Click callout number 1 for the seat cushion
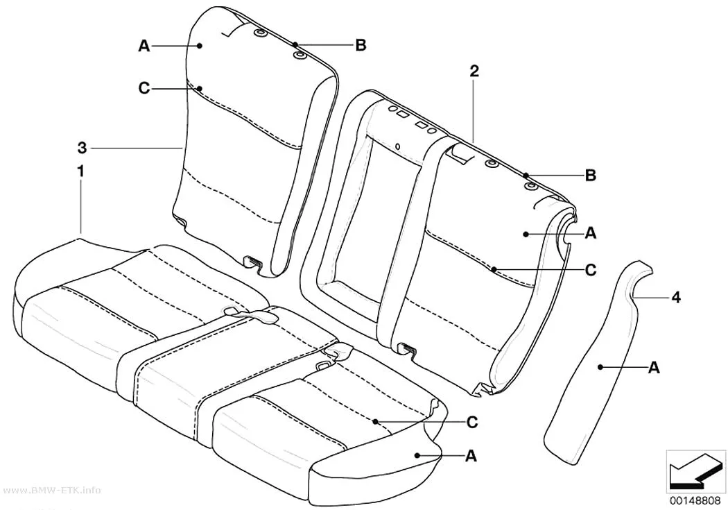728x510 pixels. tap(80, 171)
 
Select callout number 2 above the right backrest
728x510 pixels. tap(474, 71)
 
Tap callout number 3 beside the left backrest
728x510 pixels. tap(83, 148)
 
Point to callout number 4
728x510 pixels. tap(676, 297)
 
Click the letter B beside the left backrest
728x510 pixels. tap(361, 45)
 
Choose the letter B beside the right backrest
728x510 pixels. tap(590, 176)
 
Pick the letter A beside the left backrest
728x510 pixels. tap(144, 46)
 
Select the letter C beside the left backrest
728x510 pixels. tap(144, 88)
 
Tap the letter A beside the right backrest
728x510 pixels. tap(590, 232)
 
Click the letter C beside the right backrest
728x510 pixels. tap(590, 269)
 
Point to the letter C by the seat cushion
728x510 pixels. tap(471, 422)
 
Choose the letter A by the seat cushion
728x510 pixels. tap(471, 456)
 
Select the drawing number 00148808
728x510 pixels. tap(695, 501)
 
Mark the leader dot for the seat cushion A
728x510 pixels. tap(417, 456)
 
